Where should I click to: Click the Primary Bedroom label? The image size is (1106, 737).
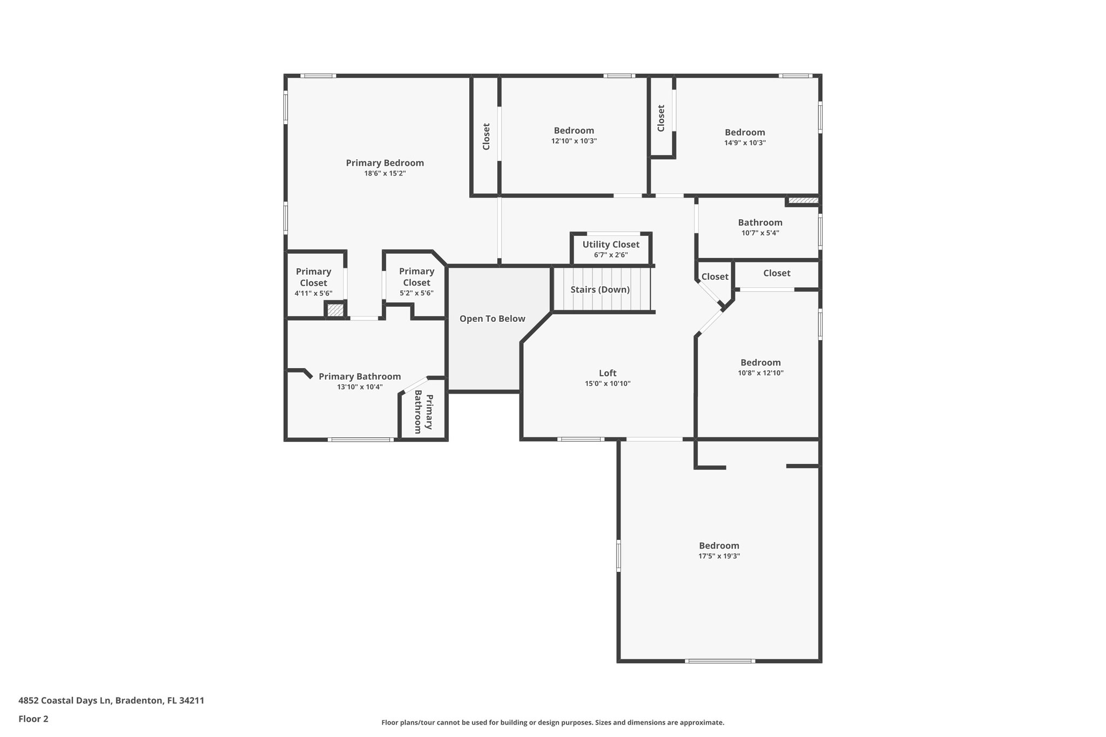pyautogui.click(x=385, y=163)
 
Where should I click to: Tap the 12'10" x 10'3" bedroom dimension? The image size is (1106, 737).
pyautogui.click(x=574, y=141)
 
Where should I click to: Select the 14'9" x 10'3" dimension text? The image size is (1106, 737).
pyautogui.click(x=745, y=143)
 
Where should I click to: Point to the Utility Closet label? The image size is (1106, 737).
pyautogui.click(x=610, y=245)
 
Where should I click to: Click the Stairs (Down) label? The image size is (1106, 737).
pyautogui.click(x=600, y=289)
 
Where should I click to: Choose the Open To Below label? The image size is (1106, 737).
pyautogui.click(x=492, y=319)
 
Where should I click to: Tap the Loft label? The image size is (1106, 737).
pyautogui.click(x=608, y=373)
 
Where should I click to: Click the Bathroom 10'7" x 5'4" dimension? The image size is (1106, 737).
pyautogui.click(x=760, y=233)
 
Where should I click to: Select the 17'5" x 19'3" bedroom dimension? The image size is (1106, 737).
pyautogui.click(x=719, y=556)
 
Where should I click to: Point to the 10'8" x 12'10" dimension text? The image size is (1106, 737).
pyautogui.click(x=760, y=373)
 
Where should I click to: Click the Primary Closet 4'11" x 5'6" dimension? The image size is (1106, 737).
pyautogui.click(x=313, y=293)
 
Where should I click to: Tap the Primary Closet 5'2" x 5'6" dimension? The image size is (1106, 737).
pyautogui.click(x=416, y=293)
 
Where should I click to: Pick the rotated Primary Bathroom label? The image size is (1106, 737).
pyautogui.click(x=423, y=414)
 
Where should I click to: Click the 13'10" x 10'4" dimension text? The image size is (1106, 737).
pyautogui.click(x=360, y=387)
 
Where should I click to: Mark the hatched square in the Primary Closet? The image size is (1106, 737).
pyautogui.click(x=335, y=310)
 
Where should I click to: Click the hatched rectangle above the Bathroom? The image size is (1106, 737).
pyautogui.click(x=803, y=201)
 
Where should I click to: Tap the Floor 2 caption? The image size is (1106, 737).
pyautogui.click(x=33, y=719)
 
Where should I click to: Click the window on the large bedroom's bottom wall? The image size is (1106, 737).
pyautogui.click(x=719, y=661)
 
